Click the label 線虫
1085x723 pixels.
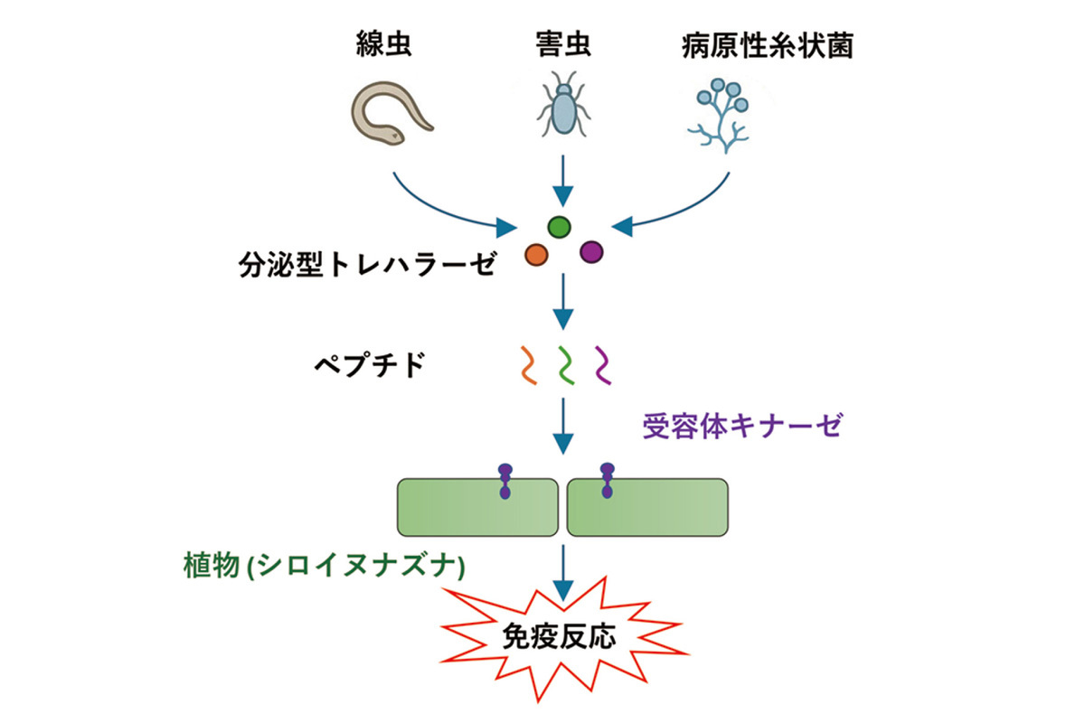tap(384, 46)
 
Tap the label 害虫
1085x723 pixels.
tap(562, 46)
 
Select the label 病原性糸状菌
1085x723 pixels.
tap(767, 46)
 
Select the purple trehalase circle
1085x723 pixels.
tap(591, 252)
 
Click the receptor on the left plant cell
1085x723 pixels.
tap(505, 481)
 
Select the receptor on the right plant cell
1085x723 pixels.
tap(607, 481)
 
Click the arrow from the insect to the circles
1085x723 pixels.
tap(562, 181)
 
